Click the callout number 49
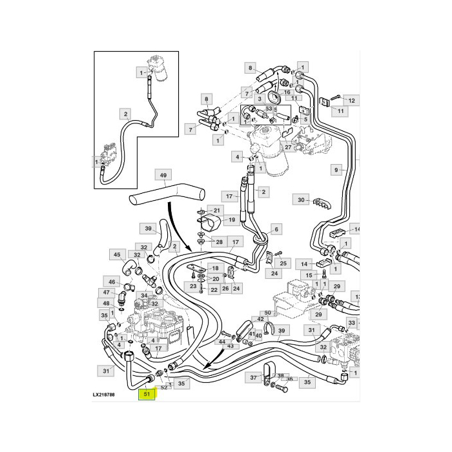163,175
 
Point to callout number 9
336,170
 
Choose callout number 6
277,229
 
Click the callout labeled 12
352,101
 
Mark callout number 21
217,211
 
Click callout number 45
117,254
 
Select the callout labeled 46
112,282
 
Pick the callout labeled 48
106,303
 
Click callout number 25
282,263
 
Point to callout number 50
268,313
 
